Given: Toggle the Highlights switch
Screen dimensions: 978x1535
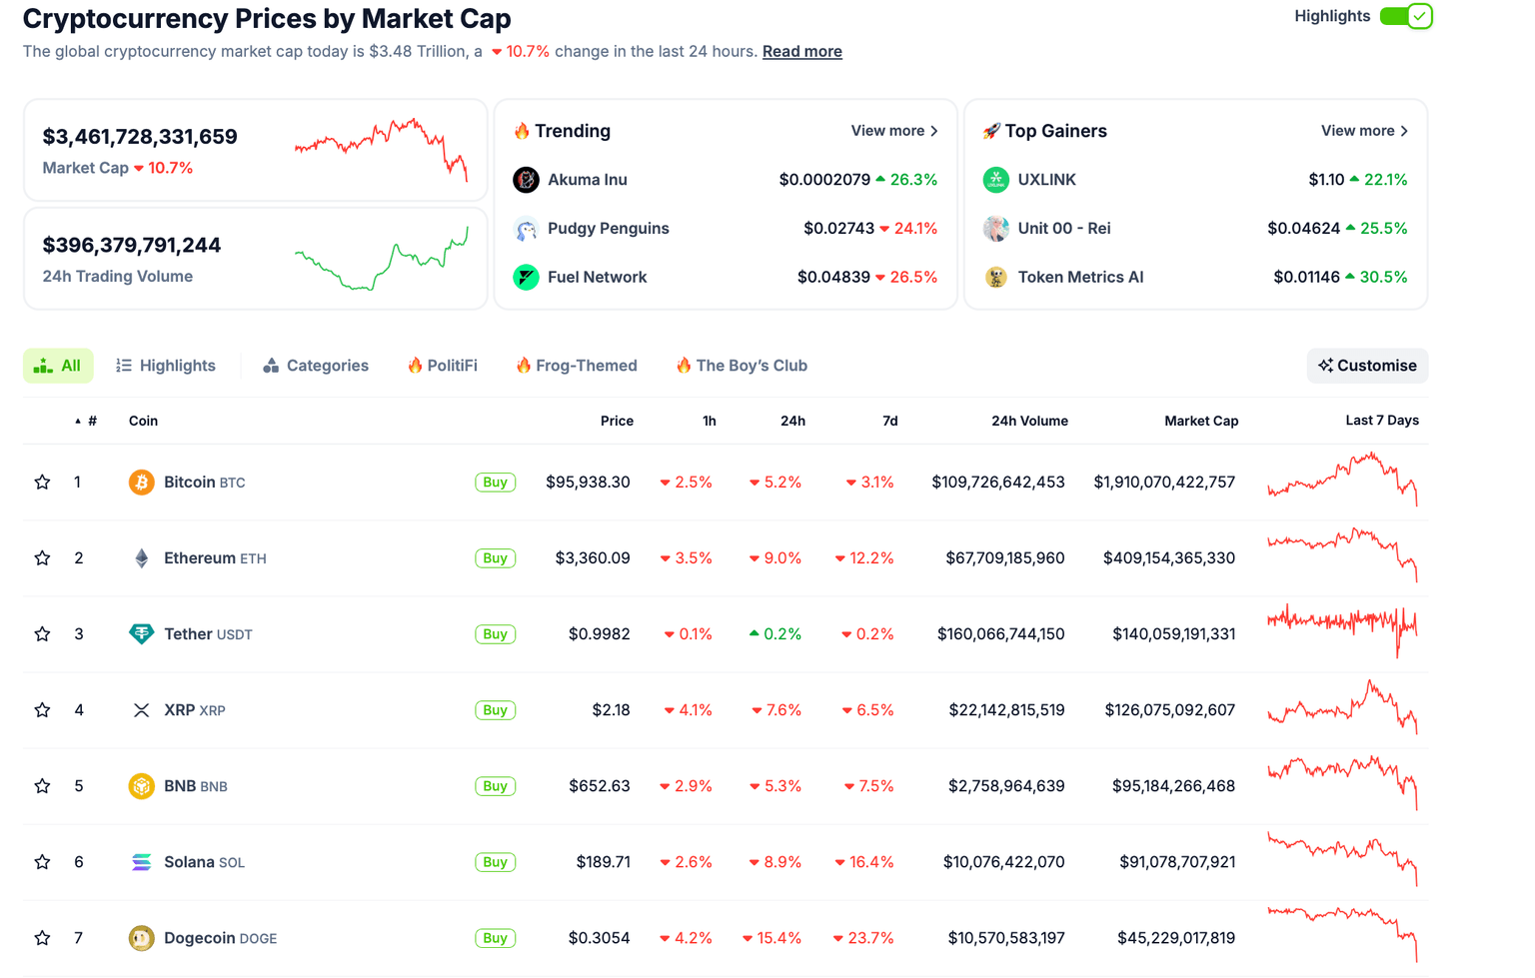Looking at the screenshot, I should (x=1406, y=16).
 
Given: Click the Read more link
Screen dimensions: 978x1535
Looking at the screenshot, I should (x=801, y=52).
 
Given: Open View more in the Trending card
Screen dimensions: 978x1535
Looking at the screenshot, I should (x=893, y=131).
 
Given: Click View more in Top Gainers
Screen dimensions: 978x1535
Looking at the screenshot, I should (x=1364, y=131).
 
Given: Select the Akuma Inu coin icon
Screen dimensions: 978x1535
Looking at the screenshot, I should (x=526, y=180).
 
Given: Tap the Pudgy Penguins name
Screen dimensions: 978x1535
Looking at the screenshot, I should (x=608, y=229).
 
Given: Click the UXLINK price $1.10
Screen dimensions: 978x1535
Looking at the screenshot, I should (x=1326, y=180).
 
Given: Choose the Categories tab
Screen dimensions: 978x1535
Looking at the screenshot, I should (x=316, y=366).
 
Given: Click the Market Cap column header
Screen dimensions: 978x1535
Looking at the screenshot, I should (x=1200, y=421).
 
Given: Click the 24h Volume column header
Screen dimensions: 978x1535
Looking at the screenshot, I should (x=1028, y=421).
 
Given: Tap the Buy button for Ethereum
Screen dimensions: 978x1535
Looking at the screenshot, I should (x=495, y=558).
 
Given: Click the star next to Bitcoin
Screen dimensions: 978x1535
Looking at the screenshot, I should (x=42, y=483).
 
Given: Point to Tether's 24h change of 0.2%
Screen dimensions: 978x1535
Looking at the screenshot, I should (x=775, y=634).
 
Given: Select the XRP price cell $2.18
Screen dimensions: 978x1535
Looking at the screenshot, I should (x=611, y=710).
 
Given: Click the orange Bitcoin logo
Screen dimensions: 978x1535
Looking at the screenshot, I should (x=142, y=483).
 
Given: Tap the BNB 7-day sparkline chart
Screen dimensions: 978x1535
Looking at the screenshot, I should (x=1342, y=782).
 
